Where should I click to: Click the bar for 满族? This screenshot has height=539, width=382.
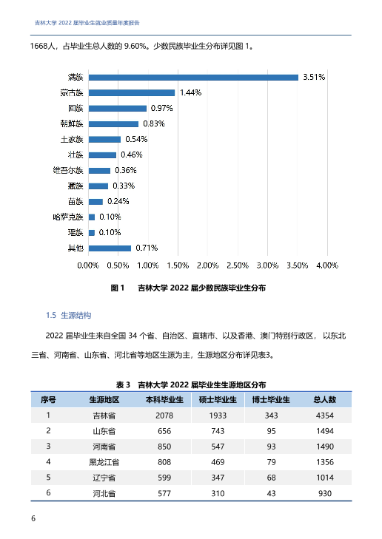(x=193, y=78)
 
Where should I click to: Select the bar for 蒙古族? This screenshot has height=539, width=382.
(x=132, y=93)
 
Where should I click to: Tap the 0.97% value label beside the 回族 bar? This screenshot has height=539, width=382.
(x=161, y=108)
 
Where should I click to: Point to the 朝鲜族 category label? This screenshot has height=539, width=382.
(x=72, y=123)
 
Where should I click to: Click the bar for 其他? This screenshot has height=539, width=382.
(x=110, y=248)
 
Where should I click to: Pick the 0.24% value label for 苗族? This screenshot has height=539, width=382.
(x=118, y=201)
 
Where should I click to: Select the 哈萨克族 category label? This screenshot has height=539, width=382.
(x=68, y=217)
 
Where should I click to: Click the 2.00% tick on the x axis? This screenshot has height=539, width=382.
(x=207, y=265)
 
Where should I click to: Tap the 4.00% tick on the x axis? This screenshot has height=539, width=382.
(x=327, y=265)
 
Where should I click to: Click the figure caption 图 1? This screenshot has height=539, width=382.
(x=118, y=288)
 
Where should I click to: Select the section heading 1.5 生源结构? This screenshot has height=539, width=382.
(x=69, y=315)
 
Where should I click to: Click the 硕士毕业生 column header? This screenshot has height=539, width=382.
(x=218, y=400)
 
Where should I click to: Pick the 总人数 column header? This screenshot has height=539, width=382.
(x=324, y=400)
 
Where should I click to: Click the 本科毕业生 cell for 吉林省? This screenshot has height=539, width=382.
(x=164, y=416)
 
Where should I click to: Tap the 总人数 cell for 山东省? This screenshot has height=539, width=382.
(x=325, y=431)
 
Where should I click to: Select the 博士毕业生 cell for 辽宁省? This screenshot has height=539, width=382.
(x=271, y=478)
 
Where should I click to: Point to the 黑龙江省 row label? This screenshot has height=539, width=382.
(x=104, y=462)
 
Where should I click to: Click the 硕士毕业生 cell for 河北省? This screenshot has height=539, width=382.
(x=218, y=494)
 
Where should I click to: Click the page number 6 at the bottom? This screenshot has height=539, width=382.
(x=33, y=518)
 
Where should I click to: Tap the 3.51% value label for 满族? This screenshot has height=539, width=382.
(x=314, y=77)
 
